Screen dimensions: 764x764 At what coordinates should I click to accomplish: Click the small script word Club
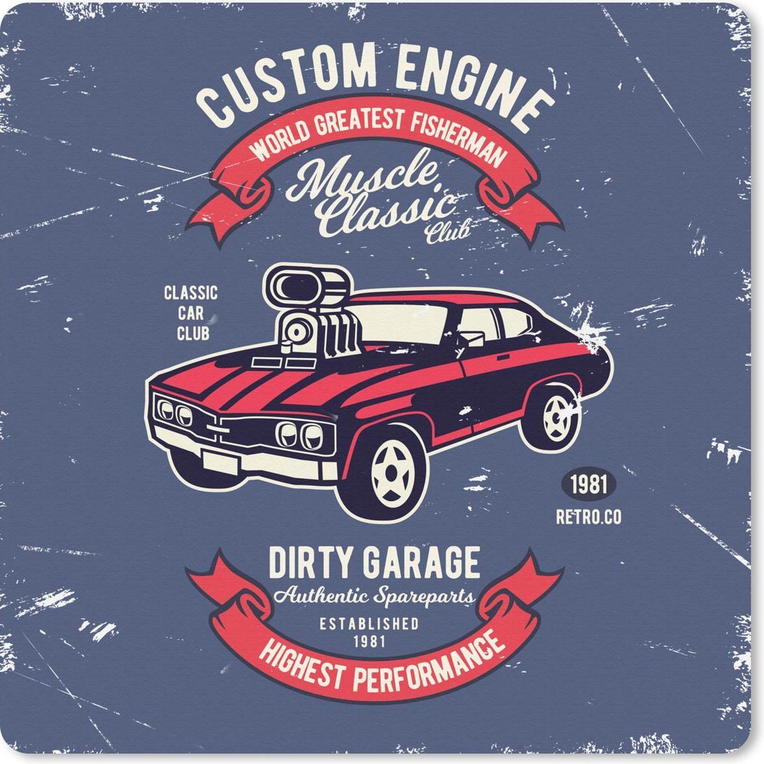[448, 232]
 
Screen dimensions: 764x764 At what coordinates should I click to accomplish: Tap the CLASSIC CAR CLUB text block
[191, 313]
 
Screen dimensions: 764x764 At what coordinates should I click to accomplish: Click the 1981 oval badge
[588, 485]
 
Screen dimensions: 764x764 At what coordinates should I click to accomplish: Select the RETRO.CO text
[588, 518]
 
